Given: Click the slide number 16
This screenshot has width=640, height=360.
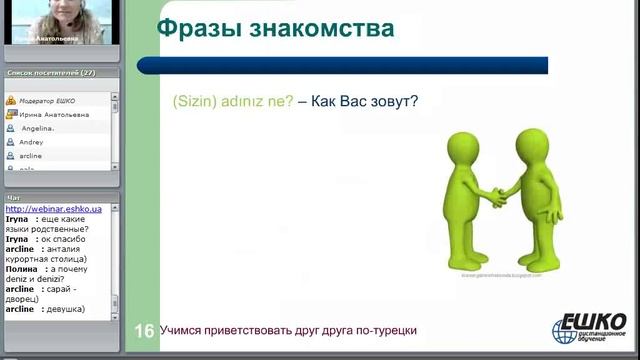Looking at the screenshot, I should [x=144, y=331].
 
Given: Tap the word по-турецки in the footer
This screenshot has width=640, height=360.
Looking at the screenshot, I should [x=384, y=330].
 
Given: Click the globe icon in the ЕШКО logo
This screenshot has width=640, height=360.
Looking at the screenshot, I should [x=565, y=331].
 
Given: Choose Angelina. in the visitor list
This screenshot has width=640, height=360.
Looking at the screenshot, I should [x=43, y=129].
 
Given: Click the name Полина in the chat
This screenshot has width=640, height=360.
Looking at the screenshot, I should [x=21, y=269].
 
